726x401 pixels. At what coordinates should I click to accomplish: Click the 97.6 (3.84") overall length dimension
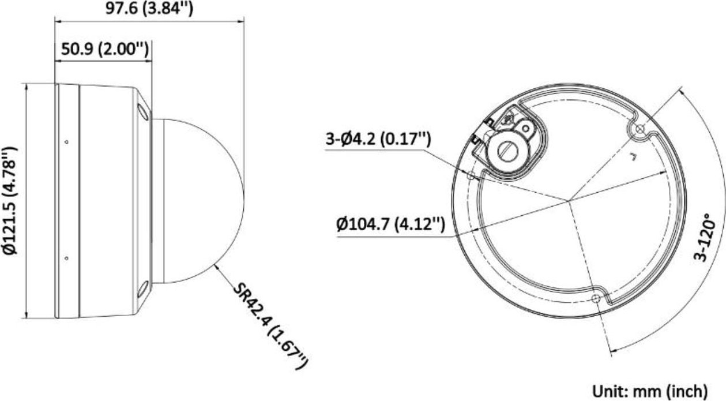[149, 8]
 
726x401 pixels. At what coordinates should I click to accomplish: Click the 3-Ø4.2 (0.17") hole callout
[378, 140]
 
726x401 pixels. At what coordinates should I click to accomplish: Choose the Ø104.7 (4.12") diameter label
[390, 223]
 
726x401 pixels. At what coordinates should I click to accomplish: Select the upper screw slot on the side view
[144, 112]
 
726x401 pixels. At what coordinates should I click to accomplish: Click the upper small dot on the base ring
[66, 142]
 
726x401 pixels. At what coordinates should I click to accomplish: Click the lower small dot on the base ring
[66, 258]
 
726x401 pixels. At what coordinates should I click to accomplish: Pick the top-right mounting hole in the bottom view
[638, 130]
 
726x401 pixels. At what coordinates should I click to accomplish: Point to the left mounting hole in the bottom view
[471, 175]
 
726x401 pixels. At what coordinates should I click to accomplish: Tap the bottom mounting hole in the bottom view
[596, 298]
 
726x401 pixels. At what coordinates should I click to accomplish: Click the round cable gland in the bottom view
[506, 149]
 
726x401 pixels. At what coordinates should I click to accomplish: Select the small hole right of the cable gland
[526, 125]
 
